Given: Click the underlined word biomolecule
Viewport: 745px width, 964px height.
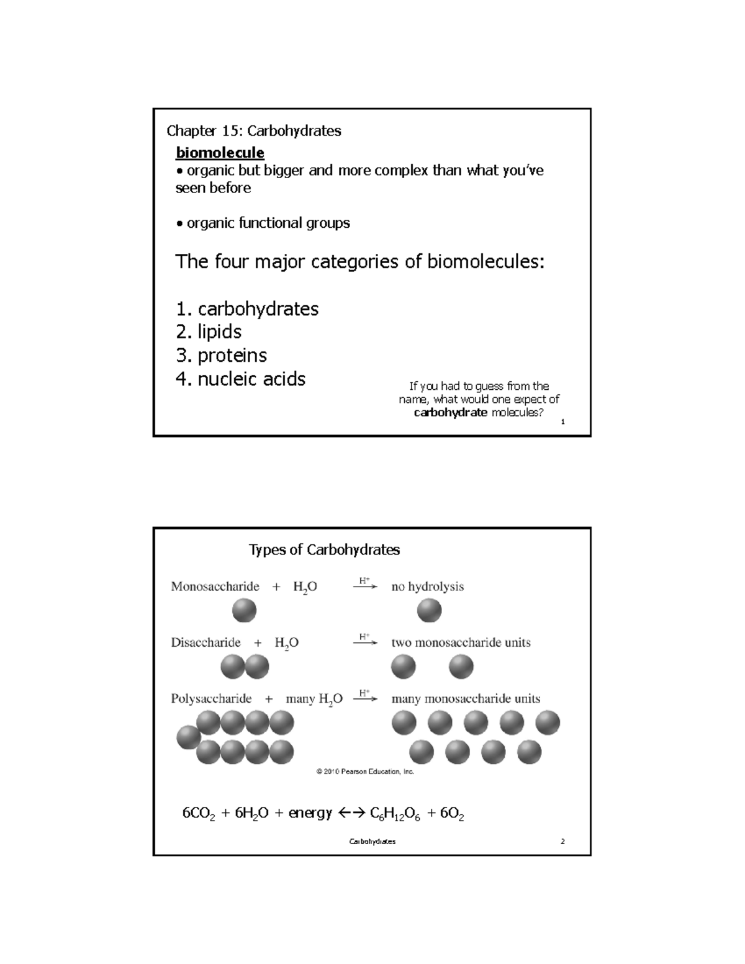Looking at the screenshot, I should [220, 153].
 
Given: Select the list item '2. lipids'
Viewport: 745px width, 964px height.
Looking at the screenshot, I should [209, 332].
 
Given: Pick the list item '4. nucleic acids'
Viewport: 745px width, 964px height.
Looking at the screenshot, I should [240, 379].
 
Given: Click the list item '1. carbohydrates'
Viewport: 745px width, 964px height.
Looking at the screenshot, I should [247, 309].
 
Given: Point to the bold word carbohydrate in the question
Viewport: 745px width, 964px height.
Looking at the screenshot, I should [450, 413].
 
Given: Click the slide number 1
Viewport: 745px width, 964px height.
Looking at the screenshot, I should [562, 423].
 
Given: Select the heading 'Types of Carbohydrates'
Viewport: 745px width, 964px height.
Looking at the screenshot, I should [324, 550].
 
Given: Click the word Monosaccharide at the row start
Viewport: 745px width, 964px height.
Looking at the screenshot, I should [215, 587].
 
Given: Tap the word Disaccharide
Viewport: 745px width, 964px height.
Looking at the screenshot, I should [205, 642].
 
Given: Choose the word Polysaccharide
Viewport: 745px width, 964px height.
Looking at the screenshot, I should [211, 699].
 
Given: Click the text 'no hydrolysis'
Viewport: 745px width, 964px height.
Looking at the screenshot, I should [427, 587].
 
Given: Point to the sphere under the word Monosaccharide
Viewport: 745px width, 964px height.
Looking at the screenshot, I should [244, 611].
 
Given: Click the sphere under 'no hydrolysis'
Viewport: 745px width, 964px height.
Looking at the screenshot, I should [429, 611].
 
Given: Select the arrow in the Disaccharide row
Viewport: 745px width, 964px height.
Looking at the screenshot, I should [365, 643].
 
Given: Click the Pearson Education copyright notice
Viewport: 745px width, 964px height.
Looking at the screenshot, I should [365, 772].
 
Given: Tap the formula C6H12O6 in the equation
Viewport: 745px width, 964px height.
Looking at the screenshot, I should [395, 814].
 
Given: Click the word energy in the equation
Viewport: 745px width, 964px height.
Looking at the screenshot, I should [310, 814].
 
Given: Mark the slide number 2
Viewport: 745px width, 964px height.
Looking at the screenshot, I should [562, 842].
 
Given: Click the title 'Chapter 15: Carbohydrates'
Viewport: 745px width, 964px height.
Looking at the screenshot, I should [254, 131].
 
